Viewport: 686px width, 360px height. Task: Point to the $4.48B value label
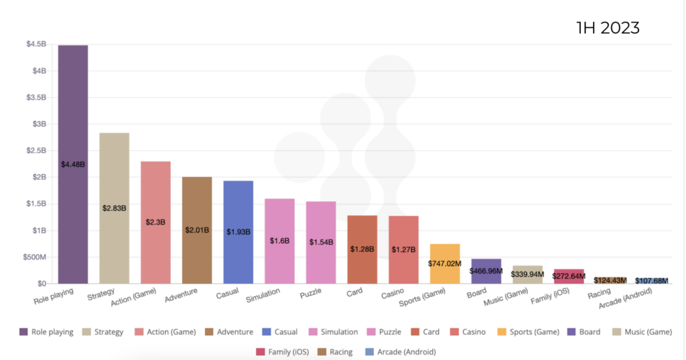73,164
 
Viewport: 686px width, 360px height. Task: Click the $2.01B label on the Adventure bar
197,230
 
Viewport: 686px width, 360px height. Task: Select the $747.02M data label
445,263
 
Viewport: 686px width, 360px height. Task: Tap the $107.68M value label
651,281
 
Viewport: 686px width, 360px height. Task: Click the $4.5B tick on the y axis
36,44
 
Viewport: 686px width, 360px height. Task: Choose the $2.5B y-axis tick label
36,150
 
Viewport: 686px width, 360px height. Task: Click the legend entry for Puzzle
397,332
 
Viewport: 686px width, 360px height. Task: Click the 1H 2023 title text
608,28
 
